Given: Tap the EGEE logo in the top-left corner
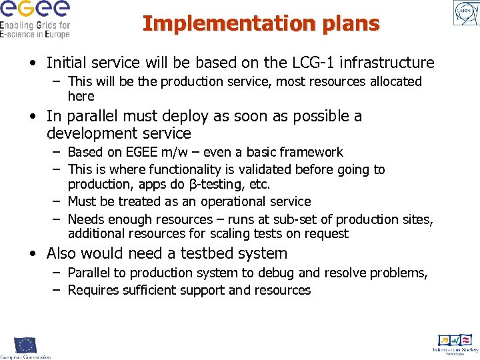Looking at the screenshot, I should [35, 19].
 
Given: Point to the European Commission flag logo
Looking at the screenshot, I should [25, 345].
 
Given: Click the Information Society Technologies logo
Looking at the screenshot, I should [455, 343].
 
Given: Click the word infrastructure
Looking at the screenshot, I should [393, 63].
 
